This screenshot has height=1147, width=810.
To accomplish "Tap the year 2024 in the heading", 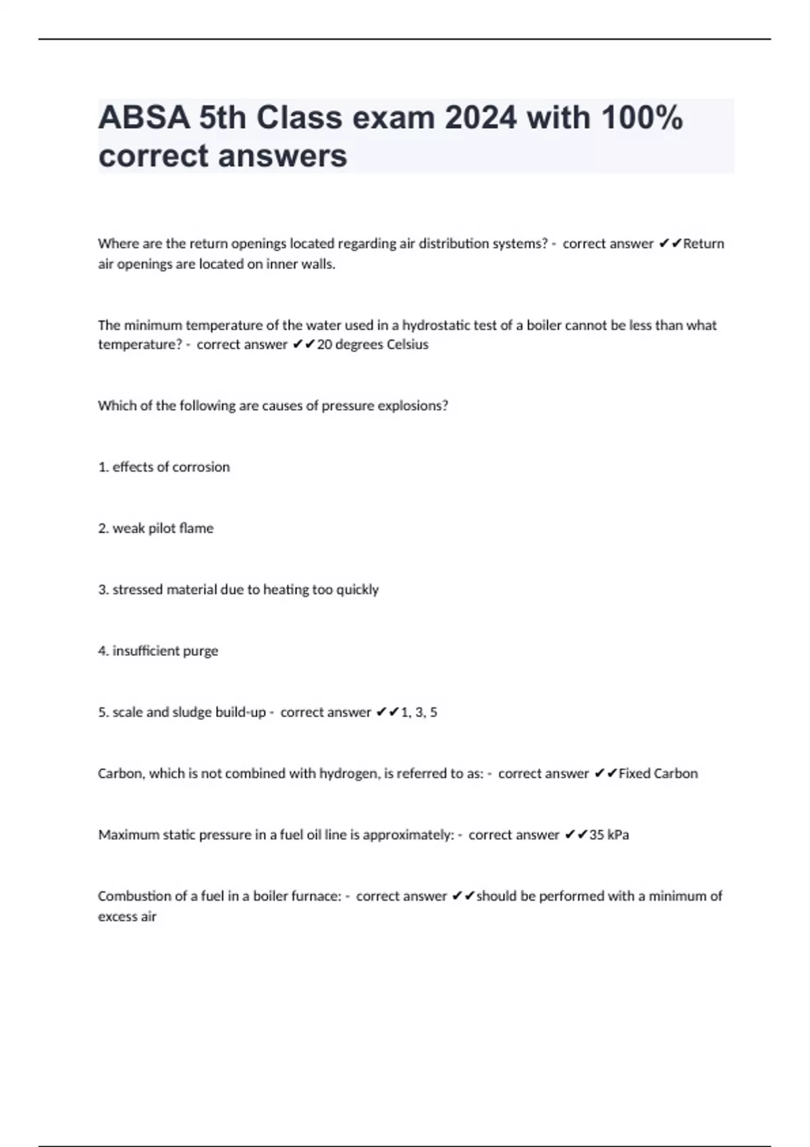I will click(482, 118).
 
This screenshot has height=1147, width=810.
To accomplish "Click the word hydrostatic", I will click(435, 325).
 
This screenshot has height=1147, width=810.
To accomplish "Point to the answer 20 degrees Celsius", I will click(373, 345).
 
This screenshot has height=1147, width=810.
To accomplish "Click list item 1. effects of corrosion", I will click(164, 467).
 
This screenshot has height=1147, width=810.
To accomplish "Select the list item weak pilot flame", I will click(156, 528).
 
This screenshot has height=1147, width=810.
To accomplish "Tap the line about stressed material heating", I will click(238, 590).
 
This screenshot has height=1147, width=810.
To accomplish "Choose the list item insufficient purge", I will click(158, 651).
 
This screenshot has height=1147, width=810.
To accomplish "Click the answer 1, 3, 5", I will click(419, 712).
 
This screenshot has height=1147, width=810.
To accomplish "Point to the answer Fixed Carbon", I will click(658, 774).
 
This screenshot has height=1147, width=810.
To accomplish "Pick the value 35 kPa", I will click(609, 835).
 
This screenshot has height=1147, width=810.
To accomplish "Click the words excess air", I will click(127, 917).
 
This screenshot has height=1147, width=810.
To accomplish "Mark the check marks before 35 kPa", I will click(576, 835).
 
